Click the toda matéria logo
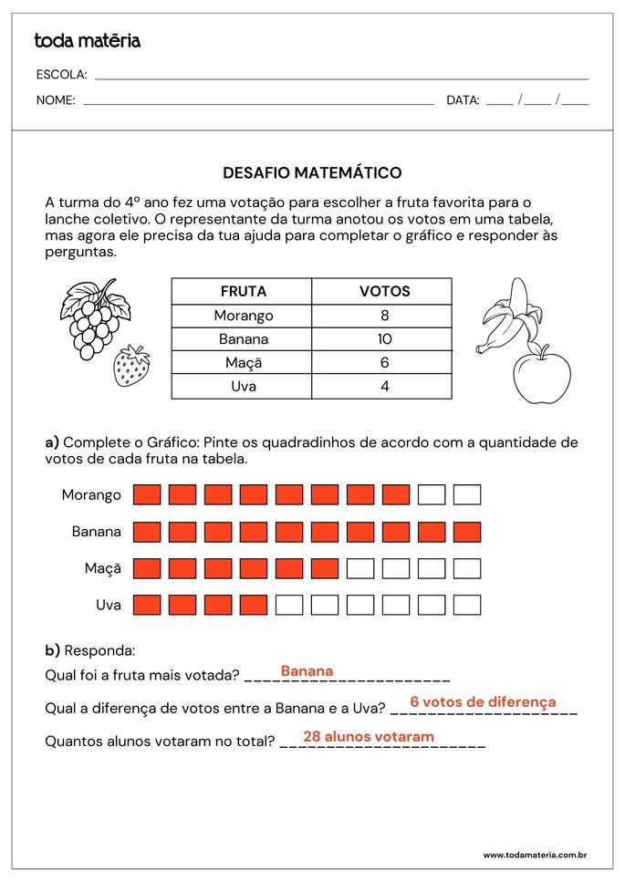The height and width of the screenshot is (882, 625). (87, 41)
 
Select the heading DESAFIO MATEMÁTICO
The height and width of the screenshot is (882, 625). (312, 172)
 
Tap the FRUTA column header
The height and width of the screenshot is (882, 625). (243, 292)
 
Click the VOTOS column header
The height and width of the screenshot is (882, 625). (384, 292)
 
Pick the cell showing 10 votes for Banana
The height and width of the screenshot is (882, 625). (384, 339)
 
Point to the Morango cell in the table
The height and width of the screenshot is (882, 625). (243, 316)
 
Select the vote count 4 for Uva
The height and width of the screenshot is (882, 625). (384, 387)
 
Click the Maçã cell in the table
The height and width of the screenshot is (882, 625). (243, 363)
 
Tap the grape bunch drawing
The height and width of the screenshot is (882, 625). (94, 316)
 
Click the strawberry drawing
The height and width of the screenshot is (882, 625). (131, 366)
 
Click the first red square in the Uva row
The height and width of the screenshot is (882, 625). (147, 605)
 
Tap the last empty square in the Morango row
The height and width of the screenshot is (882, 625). (467, 495)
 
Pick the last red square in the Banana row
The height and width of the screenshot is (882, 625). (467, 532)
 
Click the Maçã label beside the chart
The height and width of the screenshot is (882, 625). (102, 568)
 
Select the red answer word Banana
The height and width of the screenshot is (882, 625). (307, 671)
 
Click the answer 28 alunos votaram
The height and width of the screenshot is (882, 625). (369, 737)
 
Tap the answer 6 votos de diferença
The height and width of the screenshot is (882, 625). (483, 702)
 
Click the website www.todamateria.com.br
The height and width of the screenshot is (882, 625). (534, 856)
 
